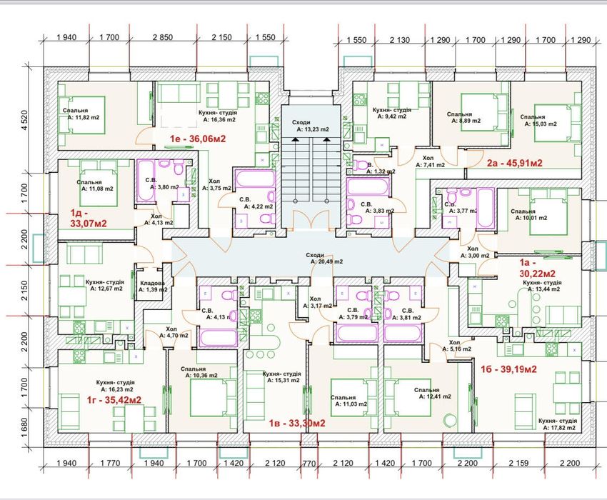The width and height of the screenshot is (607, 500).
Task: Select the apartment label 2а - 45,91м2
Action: point(515,162)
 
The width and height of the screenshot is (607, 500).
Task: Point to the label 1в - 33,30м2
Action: point(297,423)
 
